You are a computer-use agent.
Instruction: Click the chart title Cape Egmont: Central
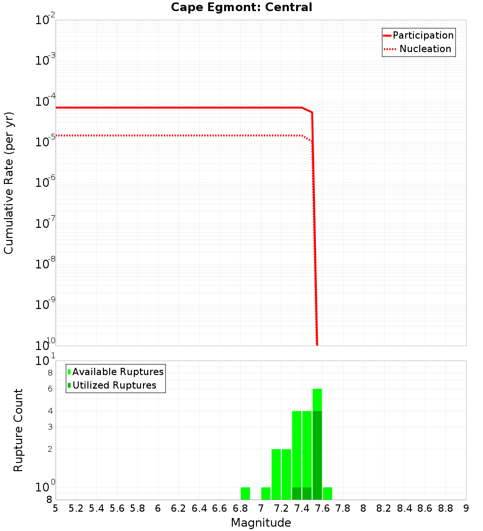[x=241, y=7]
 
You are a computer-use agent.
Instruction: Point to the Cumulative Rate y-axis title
[x=9, y=183]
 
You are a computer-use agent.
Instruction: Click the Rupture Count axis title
[x=18, y=430]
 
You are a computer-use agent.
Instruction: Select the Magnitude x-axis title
[x=261, y=523]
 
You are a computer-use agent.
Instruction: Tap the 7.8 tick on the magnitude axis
[x=343, y=508]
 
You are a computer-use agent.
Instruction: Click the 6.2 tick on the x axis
[x=179, y=508]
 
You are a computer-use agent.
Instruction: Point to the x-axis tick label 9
[x=466, y=508]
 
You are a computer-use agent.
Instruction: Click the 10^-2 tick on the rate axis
[x=45, y=20]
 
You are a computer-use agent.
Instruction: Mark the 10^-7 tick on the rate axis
[x=45, y=223]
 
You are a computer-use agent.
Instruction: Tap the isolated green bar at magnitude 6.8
[x=245, y=493]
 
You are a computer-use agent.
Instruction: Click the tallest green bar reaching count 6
[x=317, y=401]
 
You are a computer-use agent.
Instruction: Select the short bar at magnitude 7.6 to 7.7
[x=327, y=493]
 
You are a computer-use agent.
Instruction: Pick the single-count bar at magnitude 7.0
[x=266, y=493]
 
